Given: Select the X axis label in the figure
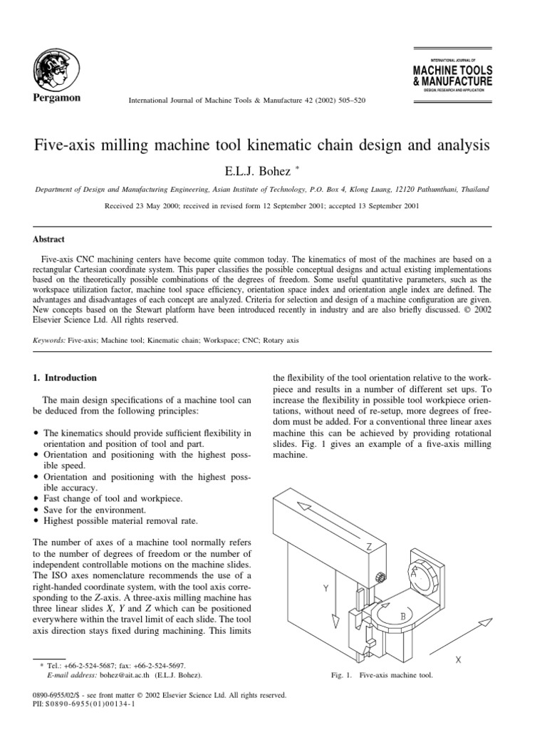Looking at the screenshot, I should (458, 660).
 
